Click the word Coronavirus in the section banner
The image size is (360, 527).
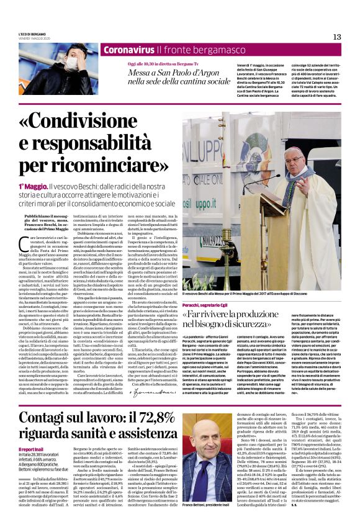(129, 49)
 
